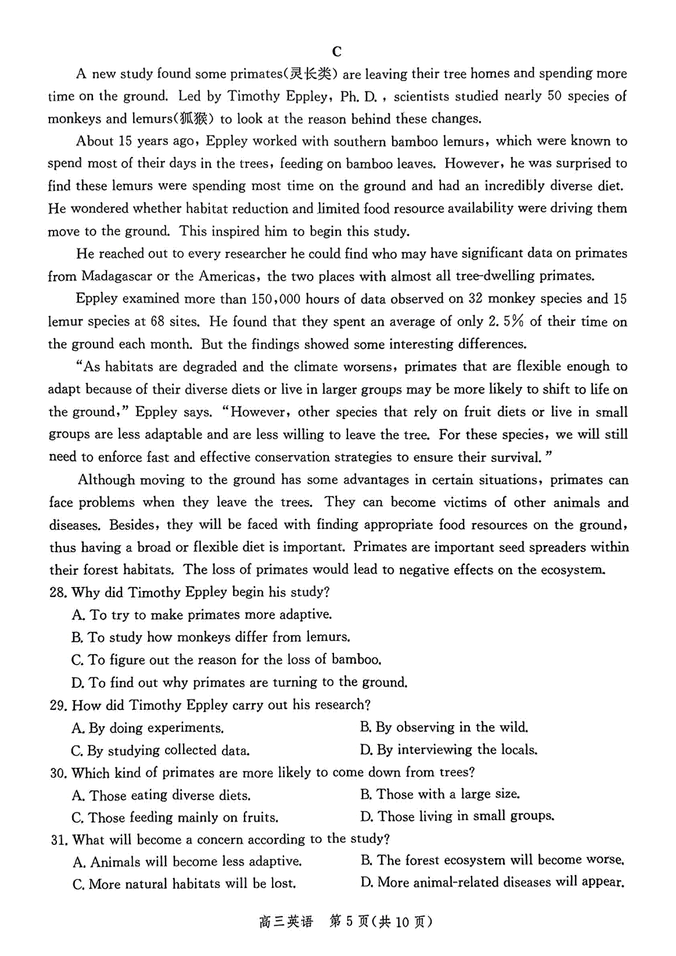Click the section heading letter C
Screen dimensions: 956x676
pyautogui.click(x=337, y=52)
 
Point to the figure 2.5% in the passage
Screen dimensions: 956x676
pyautogui.click(x=506, y=322)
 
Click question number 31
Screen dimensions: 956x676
pyautogui.click(x=59, y=840)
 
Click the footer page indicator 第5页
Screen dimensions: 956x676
pyautogui.click(x=349, y=922)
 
